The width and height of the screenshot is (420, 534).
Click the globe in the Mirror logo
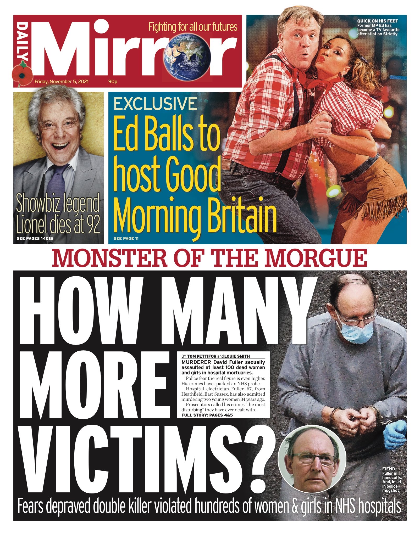click(187, 56)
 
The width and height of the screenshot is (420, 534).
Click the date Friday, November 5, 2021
click(62, 82)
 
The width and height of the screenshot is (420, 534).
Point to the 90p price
click(113, 82)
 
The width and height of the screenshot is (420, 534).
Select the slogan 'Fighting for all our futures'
click(193, 27)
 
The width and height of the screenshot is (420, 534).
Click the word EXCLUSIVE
click(155, 104)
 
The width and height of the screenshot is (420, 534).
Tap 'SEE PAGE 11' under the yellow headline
click(126, 239)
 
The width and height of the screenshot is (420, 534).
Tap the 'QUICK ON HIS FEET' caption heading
click(377, 21)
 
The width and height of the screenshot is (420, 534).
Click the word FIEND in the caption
click(388, 469)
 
